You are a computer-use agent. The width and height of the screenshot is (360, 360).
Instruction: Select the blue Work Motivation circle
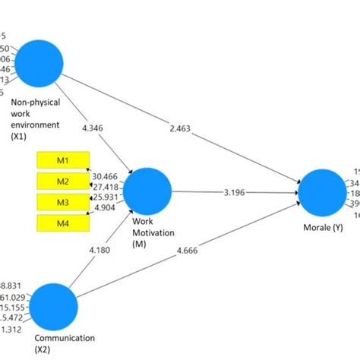pos(147,191)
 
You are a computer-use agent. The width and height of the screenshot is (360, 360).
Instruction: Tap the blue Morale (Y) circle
pos(322,191)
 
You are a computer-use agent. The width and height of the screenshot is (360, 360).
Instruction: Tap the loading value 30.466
pos(104,176)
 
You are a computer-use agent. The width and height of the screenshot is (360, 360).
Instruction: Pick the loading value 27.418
pos(104,186)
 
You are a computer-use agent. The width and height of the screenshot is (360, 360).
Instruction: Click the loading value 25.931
pos(104,197)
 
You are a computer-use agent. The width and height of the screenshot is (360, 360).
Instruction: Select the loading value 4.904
pos(106,207)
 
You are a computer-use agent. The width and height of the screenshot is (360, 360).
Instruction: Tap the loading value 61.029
pos(14,297)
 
